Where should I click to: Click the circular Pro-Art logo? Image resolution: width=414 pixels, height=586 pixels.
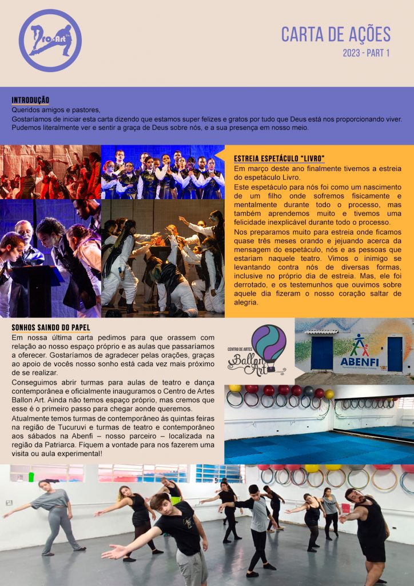tap(50, 41)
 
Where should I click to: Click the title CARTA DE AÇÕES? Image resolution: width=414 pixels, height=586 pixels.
tap(336, 34)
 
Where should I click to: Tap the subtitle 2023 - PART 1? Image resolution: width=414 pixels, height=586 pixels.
tap(366, 53)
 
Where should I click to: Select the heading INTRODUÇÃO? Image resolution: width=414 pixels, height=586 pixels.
tap(30, 100)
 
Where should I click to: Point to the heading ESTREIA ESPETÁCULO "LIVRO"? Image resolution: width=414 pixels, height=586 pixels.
tap(279, 158)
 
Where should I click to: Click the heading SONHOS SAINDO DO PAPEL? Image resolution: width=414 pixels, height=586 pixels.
tap(51, 328)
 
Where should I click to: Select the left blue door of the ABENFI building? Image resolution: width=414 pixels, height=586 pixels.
tap(321, 353)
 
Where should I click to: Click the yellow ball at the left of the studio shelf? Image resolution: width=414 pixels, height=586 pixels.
tap(234, 388)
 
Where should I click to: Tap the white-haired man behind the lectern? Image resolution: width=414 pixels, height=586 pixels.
tap(26, 240)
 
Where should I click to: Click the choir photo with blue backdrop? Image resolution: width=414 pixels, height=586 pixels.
tap(162, 172)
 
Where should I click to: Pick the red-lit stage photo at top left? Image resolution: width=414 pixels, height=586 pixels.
tap(50, 172)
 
